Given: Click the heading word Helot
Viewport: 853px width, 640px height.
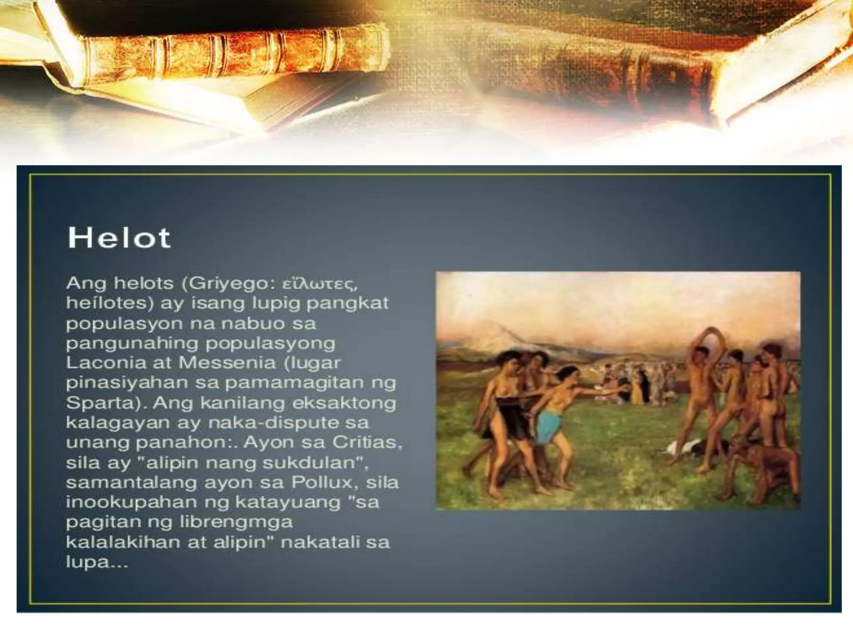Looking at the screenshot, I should pyautogui.click(x=119, y=238).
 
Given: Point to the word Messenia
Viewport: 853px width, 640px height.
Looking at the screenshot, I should pyautogui.click(x=227, y=362).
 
